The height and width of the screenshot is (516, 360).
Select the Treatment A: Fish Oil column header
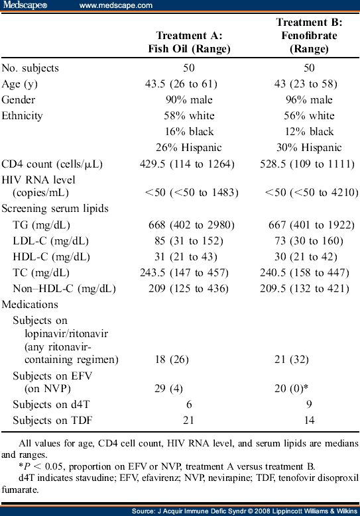point(189,42)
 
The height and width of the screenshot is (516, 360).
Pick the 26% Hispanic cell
point(190,147)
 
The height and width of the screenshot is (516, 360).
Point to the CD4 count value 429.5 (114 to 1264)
point(190,163)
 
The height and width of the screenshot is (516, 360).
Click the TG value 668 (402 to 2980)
point(190,225)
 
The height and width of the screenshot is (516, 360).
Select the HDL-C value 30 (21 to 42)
point(308,257)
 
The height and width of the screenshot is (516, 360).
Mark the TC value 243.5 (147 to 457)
point(190,273)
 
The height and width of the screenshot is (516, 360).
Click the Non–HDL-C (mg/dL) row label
point(64,289)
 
